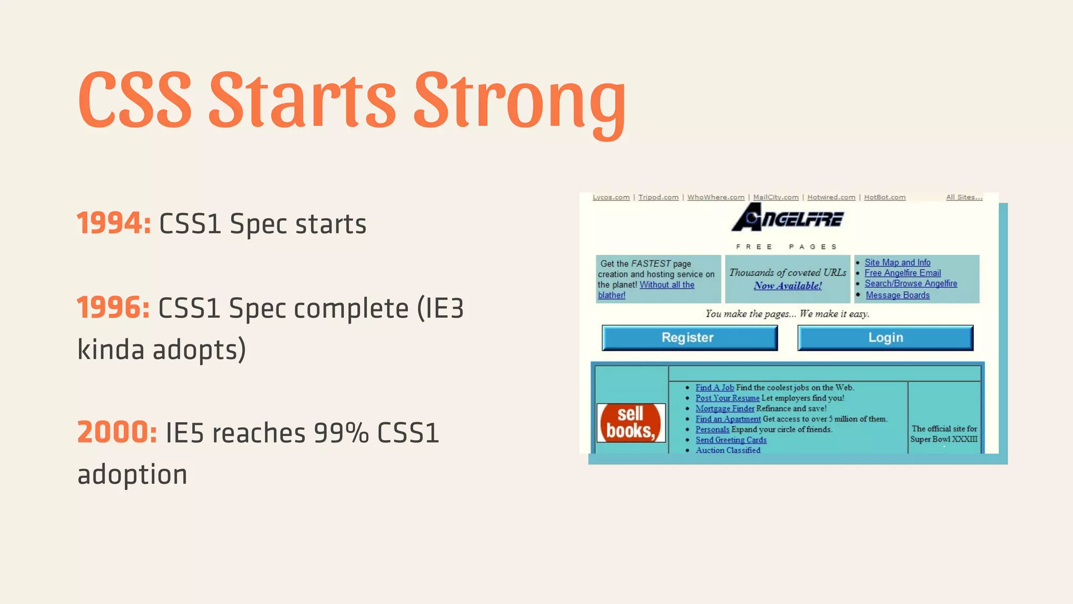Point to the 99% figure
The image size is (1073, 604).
tap(341, 433)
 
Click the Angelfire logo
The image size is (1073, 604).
tap(787, 218)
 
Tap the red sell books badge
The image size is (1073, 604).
tap(631, 423)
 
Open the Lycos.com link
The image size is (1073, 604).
tap(611, 198)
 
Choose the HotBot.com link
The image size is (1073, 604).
tap(884, 198)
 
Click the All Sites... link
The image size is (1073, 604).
tap(963, 198)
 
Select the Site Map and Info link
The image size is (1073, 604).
tap(897, 262)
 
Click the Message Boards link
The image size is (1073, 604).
tap(897, 295)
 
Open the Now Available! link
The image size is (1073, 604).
tap(787, 286)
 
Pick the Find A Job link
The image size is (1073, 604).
tap(714, 387)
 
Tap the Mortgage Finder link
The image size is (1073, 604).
tap(725, 408)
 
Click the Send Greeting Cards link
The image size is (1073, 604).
tap(730, 440)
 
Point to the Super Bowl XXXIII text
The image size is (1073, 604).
tap(943, 439)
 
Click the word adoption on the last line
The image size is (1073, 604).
tap(132, 475)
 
